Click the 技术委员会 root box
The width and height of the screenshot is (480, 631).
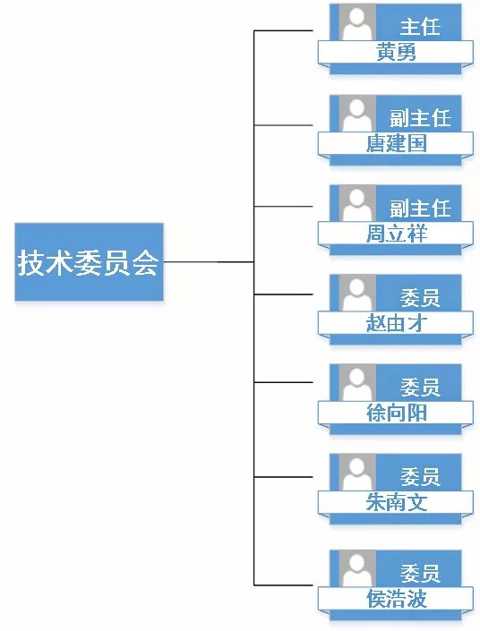tap(89, 262)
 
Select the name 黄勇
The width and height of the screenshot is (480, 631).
tap(396, 53)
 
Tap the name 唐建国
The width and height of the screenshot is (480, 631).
tap(396, 144)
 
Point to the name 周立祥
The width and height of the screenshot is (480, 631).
tap(396, 234)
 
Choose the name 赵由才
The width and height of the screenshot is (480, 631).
tap(396, 323)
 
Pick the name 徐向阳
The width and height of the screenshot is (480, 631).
tap(396, 413)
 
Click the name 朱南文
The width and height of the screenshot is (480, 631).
tap(396, 503)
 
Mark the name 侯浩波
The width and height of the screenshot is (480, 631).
tap(396, 599)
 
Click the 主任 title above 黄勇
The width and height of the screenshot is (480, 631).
tap(420, 27)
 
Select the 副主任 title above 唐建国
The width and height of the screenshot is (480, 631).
tap(420, 118)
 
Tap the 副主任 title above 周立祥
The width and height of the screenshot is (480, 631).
tap(420, 208)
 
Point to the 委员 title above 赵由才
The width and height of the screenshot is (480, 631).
tap(420, 298)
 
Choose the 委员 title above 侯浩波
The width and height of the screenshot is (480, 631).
tap(420, 574)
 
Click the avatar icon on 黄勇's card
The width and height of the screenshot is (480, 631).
tap(357, 22)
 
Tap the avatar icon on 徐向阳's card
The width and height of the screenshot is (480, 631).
tap(357, 383)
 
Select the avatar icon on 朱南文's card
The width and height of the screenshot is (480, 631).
tap(357, 473)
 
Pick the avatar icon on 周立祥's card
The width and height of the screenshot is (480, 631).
tap(357, 203)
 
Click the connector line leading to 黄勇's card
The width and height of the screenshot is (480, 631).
tap(284, 30)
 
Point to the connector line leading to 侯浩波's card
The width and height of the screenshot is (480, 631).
tap(284, 584)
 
